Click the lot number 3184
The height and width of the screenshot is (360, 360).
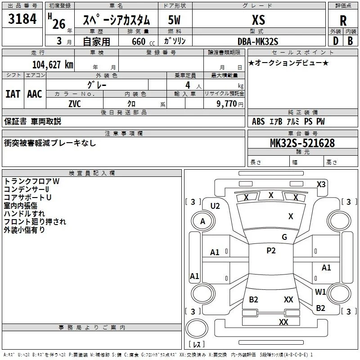[x=22, y=18]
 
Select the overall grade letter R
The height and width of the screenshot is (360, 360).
[x=343, y=20]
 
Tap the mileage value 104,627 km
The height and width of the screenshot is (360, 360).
[x=53, y=64]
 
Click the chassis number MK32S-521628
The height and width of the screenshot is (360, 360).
[x=302, y=143]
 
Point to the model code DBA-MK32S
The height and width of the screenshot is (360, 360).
[x=258, y=41]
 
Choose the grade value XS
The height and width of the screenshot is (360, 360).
[x=258, y=20]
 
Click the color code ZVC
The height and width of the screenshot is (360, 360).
[x=75, y=104]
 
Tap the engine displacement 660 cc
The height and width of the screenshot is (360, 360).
[x=143, y=41]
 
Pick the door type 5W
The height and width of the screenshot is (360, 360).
[x=174, y=20]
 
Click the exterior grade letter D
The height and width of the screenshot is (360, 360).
[x=336, y=41]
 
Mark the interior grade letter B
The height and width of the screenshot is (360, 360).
[x=350, y=41]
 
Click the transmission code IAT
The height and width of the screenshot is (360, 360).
[x=13, y=94]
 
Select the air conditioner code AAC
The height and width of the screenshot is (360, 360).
[x=35, y=94]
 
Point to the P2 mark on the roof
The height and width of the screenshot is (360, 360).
[x=271, y=251]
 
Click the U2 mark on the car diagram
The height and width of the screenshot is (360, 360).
[x=215, y=206]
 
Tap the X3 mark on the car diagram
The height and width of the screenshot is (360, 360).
[x=321, y=184]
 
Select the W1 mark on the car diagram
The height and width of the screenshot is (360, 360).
[x=320, y=292]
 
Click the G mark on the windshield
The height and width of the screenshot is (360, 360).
[x=284, y=237]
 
